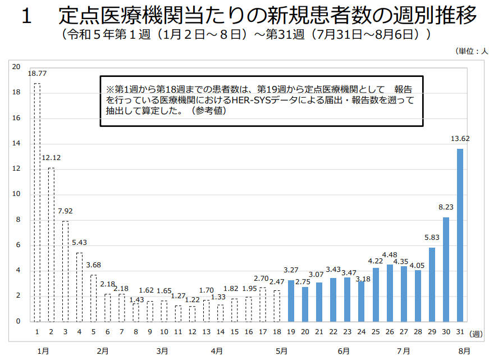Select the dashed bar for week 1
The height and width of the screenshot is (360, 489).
(x=37, y=202)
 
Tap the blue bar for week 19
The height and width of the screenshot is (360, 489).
(x=291, y=300)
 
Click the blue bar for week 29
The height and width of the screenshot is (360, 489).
(x=432, y=284)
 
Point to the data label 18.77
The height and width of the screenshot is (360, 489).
(x=37, y=74)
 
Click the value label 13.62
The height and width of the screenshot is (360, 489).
(x=460, y=139)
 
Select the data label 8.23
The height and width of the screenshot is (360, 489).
(x=446, y=207)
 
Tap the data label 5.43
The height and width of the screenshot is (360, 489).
(x=79, y=243)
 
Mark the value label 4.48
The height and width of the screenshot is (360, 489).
(x=390, y=255)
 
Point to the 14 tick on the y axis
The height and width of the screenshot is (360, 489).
(x=17, y=143)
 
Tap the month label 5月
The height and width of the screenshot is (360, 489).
(x=282, y=351)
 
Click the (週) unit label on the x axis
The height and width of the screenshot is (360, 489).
(x=477, y=334)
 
